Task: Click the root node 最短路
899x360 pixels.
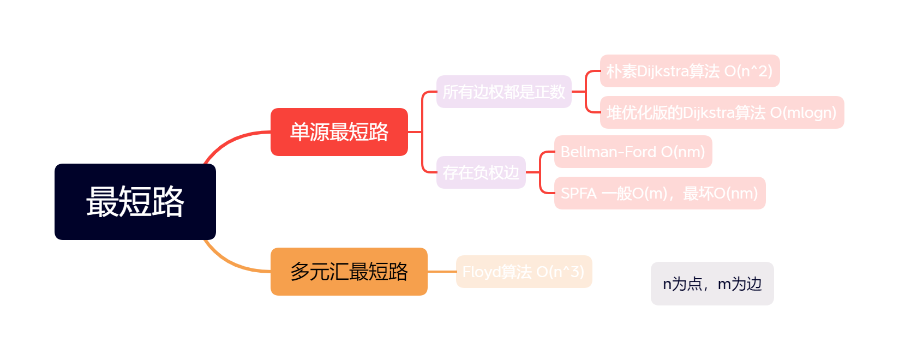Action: pyautogui.click(x=135, y=202)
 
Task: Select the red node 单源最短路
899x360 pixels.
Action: pyautogui.click(x=339, y=132)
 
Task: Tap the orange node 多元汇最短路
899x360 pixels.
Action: pyautogui.click(x=349, y=272)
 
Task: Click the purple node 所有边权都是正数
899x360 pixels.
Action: pyautogui.click(x=504, y=92)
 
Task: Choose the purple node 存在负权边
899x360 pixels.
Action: pyautogui.click(x=481, y=172)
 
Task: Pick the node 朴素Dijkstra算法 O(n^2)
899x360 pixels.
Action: pyautogui.click(x=690, y=71)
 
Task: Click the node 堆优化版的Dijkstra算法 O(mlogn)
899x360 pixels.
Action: pyautogui.click(x=722, y=112)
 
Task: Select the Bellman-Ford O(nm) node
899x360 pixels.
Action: pyautogui.click(x=633, y=152)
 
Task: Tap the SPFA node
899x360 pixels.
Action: pyautogui.click(x=660, y=193)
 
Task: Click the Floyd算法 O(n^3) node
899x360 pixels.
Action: pyautogui.click(x=524, y=272)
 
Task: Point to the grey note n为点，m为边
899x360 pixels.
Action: pyautogui.click(x=712, y=284)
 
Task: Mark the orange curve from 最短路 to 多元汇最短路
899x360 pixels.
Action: pyautogui.click(x=229, y=262)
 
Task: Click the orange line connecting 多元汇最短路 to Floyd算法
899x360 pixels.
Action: pyautogui.click(x=441, y=272)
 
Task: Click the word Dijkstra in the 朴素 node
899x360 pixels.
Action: pyautogui.click(x=662, y=71)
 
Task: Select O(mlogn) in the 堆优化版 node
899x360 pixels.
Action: pyautogui.click(x=803, y=112)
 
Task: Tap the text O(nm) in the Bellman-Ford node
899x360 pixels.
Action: pyautogui.click(x=683, y=152)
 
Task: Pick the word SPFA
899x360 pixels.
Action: pyautogui.click(x=578, y=193)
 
